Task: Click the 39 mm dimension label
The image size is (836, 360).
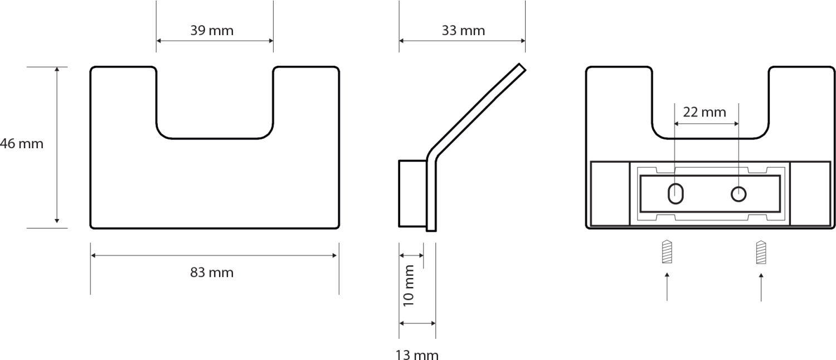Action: [212, 31]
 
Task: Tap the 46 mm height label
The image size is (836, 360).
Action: [22, 144]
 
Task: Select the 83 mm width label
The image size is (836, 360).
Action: [212, 273]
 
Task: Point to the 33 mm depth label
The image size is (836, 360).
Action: [463, 31]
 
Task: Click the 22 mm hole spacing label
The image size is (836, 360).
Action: [704, 112]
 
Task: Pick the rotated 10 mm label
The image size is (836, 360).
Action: [409, 286]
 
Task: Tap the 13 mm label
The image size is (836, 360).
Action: [417, 354]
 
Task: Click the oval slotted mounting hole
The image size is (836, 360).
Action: [675, 193]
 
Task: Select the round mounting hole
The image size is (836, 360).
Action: [738, 194]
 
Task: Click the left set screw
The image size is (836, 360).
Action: [667, 252]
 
